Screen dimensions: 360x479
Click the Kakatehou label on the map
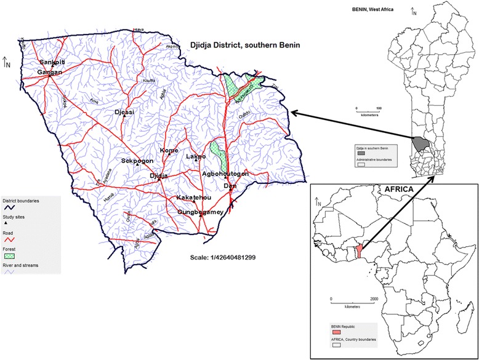click(195, 198)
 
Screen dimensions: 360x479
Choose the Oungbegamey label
click(199, 212)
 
